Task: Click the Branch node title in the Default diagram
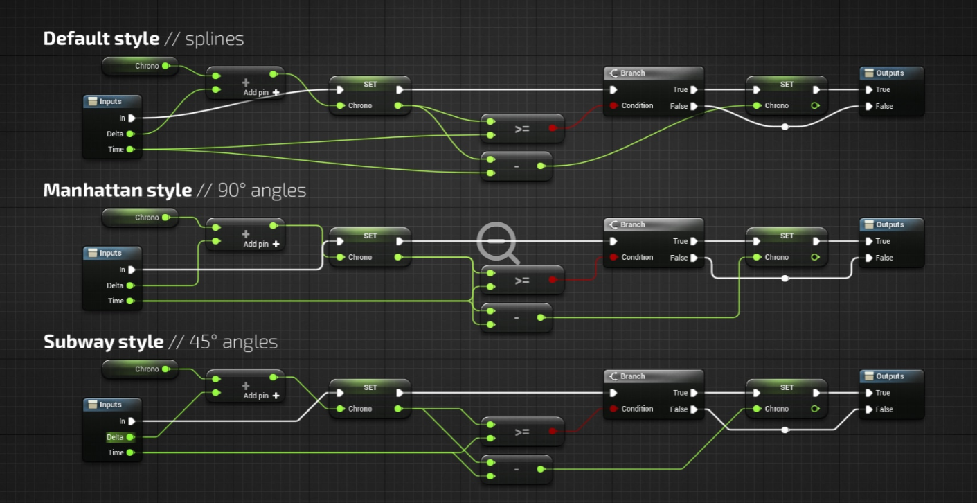pyautogui.click(x=632, y=73)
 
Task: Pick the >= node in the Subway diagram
pyautogui.click(x=522, y=432)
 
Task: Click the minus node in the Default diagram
pyautogui.click(x=517, y=166)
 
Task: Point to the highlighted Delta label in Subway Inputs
pyautogui.click(x=115, y=437)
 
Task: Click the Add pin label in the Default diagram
pyautogui.click(x=256, y=92)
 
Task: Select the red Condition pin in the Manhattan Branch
pyautogui.click(x=613, y=258)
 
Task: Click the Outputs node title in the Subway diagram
pyautogui.click(x=890, y=376)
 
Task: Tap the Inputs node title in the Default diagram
pyautogui.click(x=110, y=101)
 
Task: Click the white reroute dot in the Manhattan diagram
pyautogui.click(x=785, y=279)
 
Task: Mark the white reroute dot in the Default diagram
pyautogui.click(x=785, y=127)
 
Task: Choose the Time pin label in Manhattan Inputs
pyautogui.click(x=116, y=301)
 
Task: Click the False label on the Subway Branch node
pyautogui.click(x=679, y=409)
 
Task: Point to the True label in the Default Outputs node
pyautogui.click(x=883, y=89)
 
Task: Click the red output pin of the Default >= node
pyautogui.click(x=553, y=128)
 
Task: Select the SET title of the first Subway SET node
pyautogui.click(x=370, y=387)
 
